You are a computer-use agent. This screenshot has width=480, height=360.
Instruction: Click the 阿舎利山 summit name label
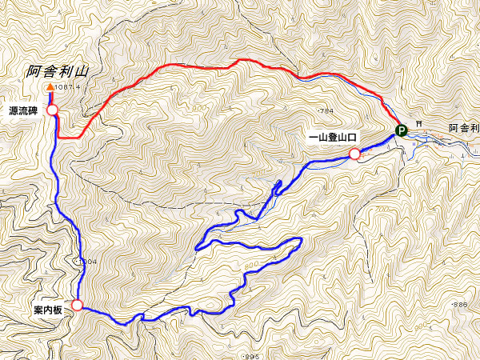[55, 71]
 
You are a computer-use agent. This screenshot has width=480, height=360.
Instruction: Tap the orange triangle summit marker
[50, 87]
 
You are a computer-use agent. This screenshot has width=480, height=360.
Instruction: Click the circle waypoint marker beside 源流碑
[52, 110]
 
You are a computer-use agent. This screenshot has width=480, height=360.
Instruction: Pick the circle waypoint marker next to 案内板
[77, 305]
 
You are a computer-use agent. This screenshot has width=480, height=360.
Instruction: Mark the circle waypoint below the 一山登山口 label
[354, 154]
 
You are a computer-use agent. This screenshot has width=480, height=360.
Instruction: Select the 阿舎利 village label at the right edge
[464, 128]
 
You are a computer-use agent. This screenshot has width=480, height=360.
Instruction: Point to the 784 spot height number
[326, 110]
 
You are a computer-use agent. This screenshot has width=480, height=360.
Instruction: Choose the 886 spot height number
[459, 306]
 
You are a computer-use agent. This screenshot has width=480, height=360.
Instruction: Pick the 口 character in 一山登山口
[354, 137]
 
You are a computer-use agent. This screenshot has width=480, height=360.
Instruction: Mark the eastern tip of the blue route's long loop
[301, 241]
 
